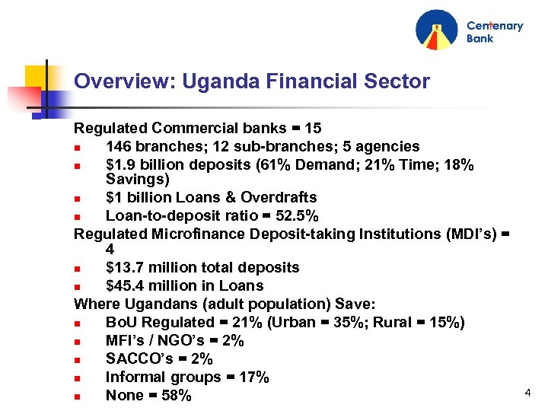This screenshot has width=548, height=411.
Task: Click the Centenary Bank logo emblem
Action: pos(437,30)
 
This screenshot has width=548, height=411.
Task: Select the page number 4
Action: pos(527,393)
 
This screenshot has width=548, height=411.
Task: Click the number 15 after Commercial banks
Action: pos(313,129)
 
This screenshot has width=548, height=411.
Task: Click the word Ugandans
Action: pos(149,304)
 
